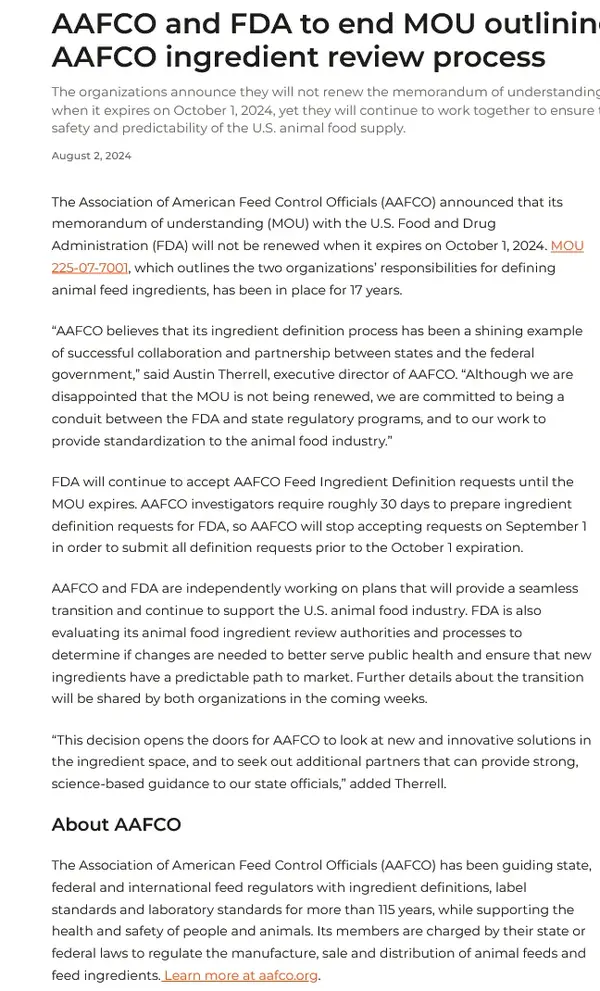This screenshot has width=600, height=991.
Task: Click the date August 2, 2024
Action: click(x=91, y=156)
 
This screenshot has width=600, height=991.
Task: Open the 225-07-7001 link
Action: click(x=90, y=267)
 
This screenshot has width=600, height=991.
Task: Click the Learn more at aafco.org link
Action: click(x=241, y=975)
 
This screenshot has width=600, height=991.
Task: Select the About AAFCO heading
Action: click(x=116, y=825)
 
